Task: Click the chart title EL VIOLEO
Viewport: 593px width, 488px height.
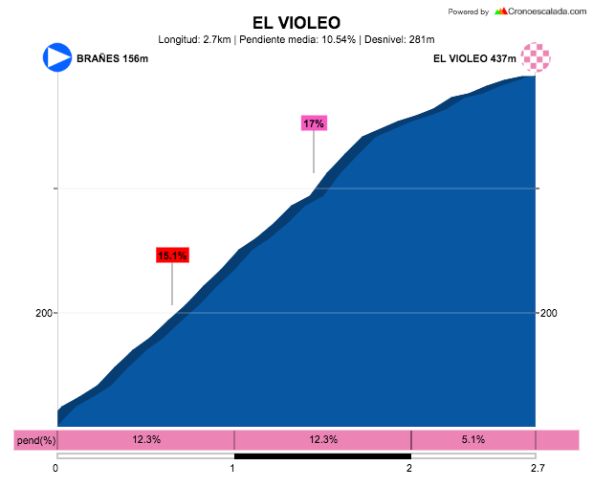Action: [296, 22]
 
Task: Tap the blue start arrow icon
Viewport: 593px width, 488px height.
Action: [57, 56]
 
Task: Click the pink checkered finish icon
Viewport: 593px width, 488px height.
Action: [536, 56]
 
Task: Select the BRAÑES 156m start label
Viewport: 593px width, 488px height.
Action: [112, 58]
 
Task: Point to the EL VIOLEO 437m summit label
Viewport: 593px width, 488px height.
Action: [474, 58]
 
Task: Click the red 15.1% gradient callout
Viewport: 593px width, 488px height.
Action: [172, 255]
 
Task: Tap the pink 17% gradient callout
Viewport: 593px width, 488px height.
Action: [314, 123]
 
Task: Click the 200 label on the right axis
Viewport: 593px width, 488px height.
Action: [549, 313]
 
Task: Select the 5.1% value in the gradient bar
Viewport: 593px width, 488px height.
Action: [472, 439]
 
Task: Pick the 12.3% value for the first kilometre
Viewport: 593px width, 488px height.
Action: [146, 439]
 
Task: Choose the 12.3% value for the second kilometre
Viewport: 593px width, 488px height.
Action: [323, 439]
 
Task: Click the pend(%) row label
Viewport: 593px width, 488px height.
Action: [35, 440]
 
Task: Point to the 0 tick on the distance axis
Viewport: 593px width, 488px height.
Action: [56, 468]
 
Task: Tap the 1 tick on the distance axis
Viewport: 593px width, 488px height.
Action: [233, 468]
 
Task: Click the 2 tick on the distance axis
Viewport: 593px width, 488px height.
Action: [410, 468]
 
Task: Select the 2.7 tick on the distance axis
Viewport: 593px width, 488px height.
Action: [537, 468]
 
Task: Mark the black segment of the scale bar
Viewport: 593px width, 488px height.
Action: [322, 456]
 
